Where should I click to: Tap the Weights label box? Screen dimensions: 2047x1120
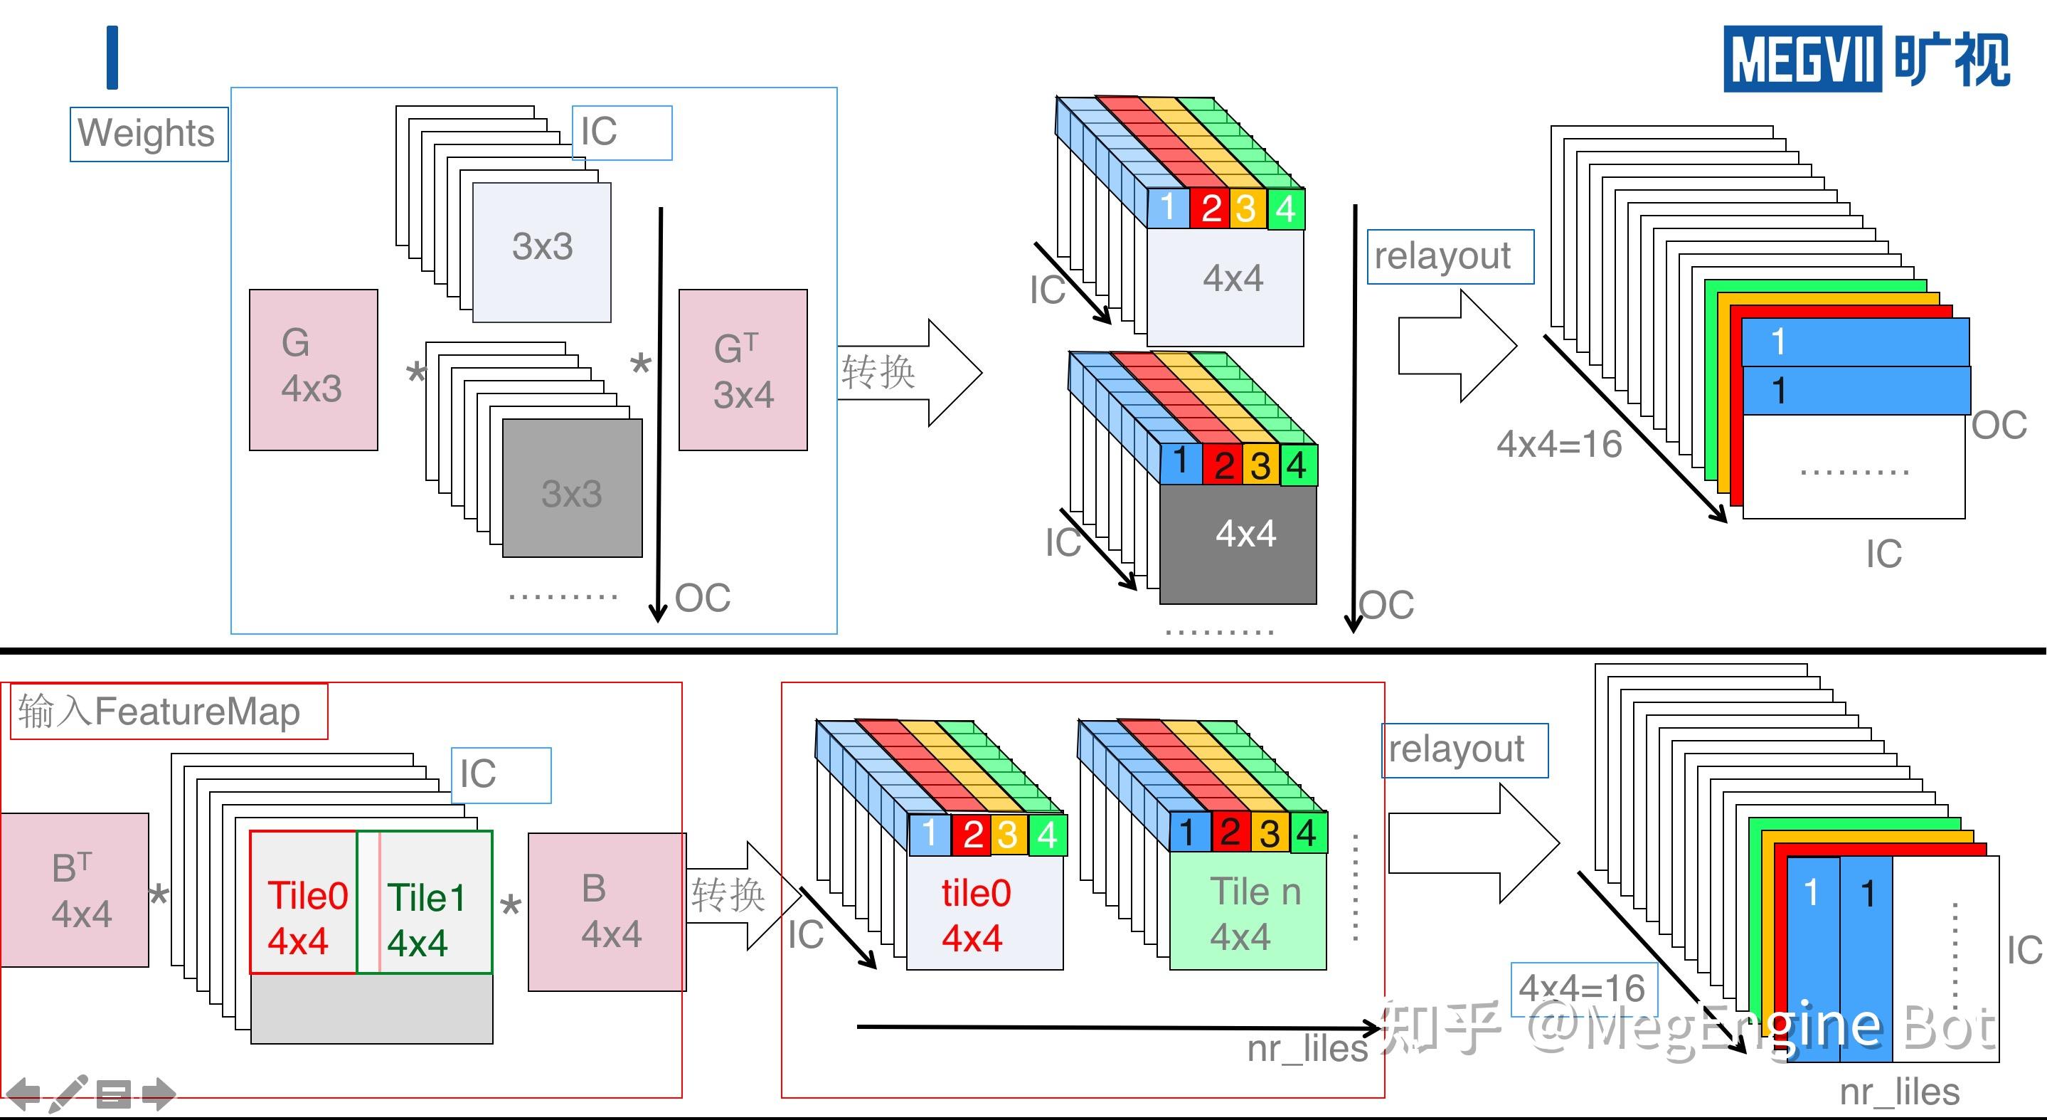coord(149,134)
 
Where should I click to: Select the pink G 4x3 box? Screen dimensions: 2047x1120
coord(313,369)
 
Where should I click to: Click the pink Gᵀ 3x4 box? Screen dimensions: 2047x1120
coord(743,369)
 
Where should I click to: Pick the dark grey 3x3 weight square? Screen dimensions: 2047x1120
coord(572,487)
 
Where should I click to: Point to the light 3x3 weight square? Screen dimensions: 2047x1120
coord(542,252)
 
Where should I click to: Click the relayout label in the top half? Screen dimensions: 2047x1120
coord(1450,257)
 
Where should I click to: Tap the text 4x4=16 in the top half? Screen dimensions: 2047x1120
coord(1559,443)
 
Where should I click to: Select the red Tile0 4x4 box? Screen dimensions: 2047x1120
coord(304,902)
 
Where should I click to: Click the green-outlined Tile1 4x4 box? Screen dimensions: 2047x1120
coord(425,902)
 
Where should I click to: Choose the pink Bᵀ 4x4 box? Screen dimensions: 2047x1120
coord(74,889)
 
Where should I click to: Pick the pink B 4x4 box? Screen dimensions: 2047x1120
coord(607,912)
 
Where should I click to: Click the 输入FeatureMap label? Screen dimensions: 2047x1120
coord(169,712)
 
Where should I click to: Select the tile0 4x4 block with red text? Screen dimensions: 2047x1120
coord(984,912)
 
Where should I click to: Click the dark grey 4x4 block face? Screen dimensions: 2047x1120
coord(1238,544)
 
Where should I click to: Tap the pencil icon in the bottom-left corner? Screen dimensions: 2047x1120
coord(68,1094)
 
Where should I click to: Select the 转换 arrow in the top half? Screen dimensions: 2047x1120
coord(910,373)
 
